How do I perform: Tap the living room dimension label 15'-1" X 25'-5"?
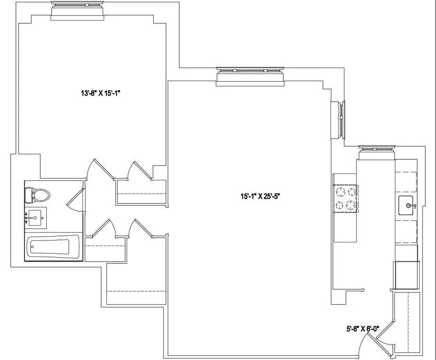261,197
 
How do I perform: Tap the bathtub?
48,246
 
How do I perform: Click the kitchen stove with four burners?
346,199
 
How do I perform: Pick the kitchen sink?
406,205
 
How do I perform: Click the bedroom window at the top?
78,10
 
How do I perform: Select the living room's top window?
250,76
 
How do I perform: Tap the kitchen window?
377,151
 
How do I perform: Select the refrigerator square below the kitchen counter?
406,275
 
